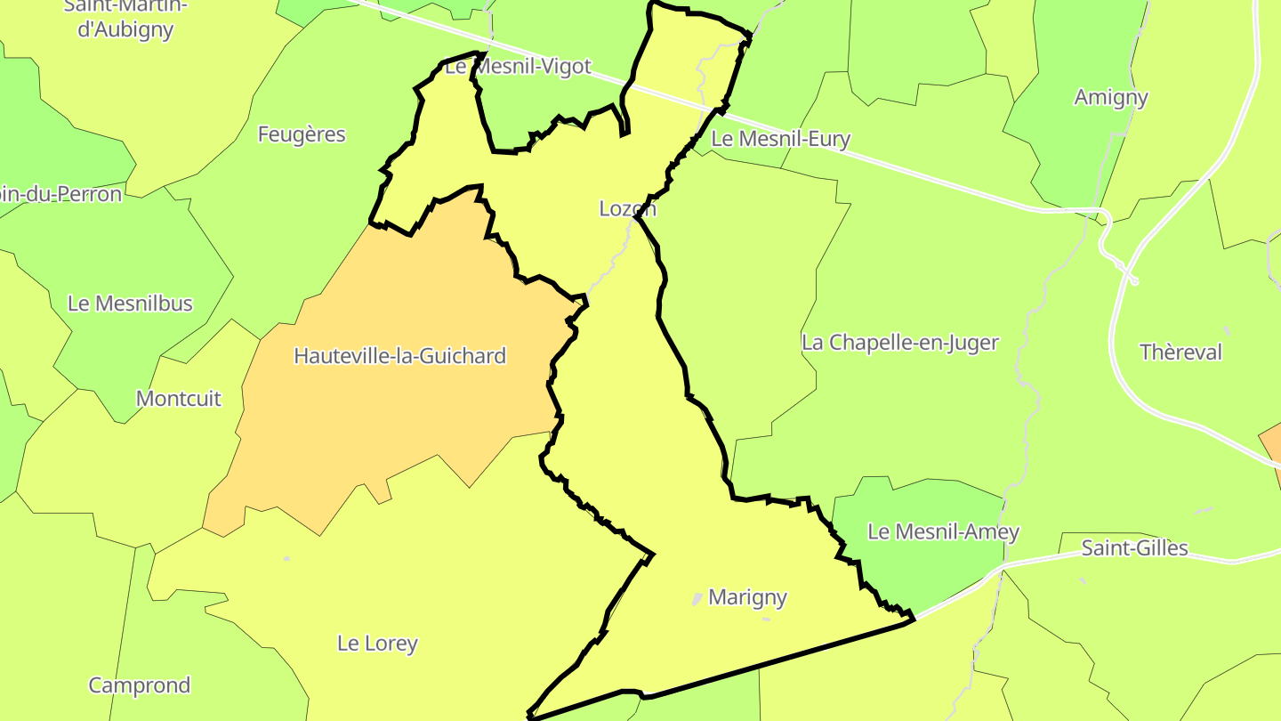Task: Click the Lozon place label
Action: tap(627, 208)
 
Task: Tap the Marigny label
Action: tap(747, 597)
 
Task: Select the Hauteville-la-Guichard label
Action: tap(399, 356)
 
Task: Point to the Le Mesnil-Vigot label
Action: tap(518, 67)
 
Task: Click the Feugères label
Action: tap(301, 134)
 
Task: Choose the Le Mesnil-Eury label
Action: tap(781, 139)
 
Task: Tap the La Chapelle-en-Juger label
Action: tap(900, 343)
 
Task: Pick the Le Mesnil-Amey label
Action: tap(943, 532)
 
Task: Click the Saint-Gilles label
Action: tap(1134, 547)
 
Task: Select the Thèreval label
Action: tap(1181, 352)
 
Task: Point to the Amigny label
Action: tap(1111, 97)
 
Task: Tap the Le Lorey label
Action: tap(377, 644)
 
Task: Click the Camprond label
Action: tap(139, 685)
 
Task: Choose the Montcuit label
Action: tap(178, 399)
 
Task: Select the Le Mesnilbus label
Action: tap(130, 304)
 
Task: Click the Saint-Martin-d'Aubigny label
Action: tap(125, 17)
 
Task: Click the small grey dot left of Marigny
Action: tap(697, 599)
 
